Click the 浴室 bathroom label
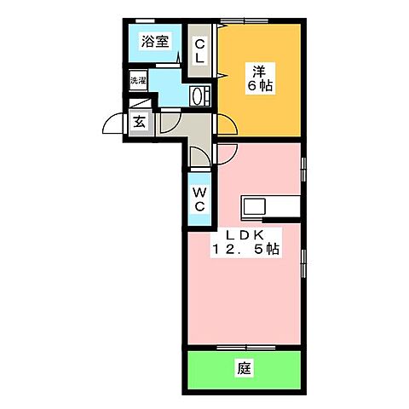(153, 40)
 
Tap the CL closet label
(199, 51)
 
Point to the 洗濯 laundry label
(138, 81)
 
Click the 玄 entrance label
(139, 122)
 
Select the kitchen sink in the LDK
(255, 206)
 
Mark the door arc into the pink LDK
(227, 153)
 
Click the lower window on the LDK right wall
(304, 264)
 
